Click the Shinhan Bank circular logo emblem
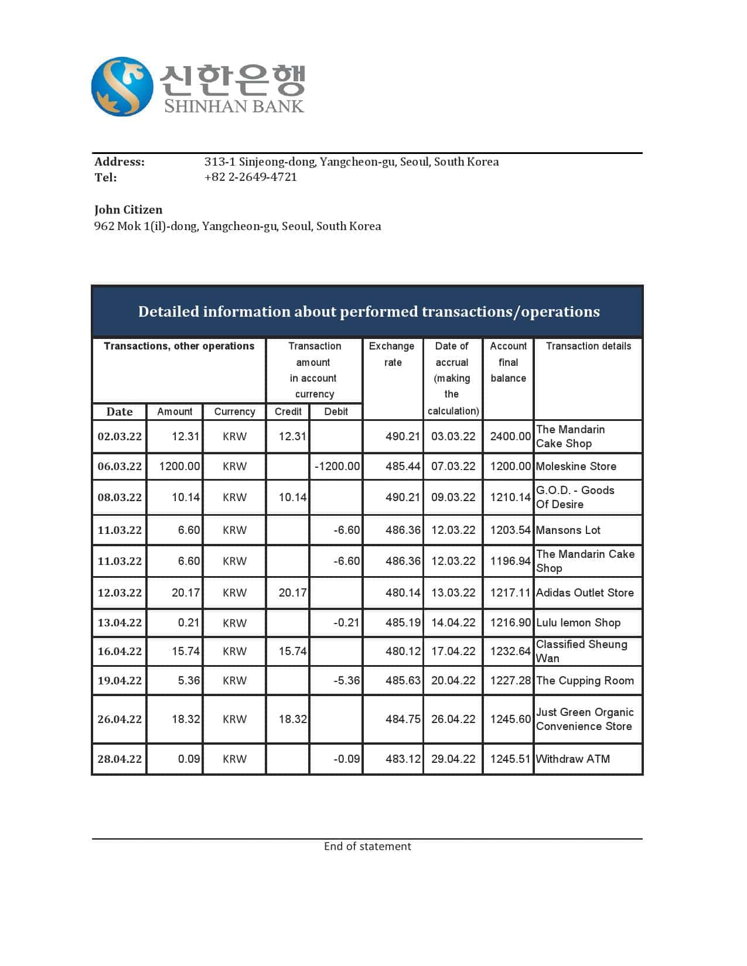click(x=122, y=87)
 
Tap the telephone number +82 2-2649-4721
click(x=250, y=177)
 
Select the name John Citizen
click(x=128, y=210)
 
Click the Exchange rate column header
click(x=392, y=354)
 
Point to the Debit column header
click(x=336, y=412)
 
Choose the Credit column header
click(x=288, y=412)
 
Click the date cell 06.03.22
click(x=120, y=467)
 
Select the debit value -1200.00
click(x=337, y=467)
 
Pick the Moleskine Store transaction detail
click(x=576, y=467)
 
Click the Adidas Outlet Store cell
click(x=585, y=592)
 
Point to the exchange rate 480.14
click(x=403, y=592)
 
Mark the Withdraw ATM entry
click(x=572, y=759)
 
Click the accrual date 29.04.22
click(x=453, y=759)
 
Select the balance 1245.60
click(x=510, y=719)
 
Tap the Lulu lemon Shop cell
click(x=578, y=622)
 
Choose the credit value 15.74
click(x=292, y=651)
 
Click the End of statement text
click(x=367, y=846)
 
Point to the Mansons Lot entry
click(x=568, y=530)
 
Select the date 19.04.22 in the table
click(x=120, y=680)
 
